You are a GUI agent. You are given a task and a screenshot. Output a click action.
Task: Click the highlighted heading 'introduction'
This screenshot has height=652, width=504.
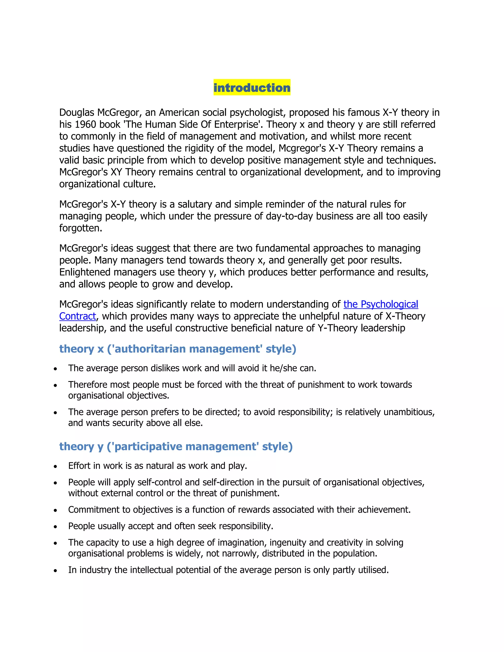252,88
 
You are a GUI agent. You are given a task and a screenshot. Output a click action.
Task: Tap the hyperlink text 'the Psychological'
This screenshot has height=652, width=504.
380,304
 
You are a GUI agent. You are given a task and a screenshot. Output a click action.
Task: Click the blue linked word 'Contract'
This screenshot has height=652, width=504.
78,316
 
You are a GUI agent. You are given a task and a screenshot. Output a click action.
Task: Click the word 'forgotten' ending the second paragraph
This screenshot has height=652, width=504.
80,228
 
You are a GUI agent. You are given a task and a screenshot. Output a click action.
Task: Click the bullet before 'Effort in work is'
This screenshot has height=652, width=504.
55,466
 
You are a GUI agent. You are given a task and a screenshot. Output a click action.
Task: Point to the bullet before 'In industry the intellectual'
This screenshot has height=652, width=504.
55,571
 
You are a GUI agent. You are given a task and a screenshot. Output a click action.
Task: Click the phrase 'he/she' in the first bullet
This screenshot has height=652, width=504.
283,368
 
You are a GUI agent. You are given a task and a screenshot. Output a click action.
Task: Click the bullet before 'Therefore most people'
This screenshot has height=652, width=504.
55,385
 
